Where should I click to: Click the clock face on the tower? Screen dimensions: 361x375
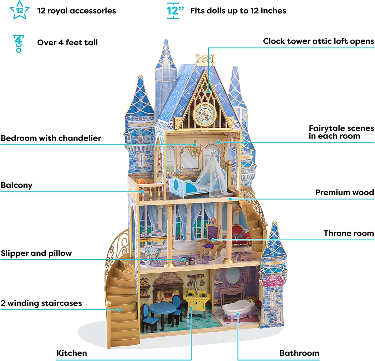pyautogui.click(x=205, y=115)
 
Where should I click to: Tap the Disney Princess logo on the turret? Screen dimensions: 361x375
pyautogui.click(x=273, y=282)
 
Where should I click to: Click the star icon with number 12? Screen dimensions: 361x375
pyautogui.click(x=19, y=10)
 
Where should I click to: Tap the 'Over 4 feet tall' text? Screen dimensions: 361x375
pyautogui.click(x=67, y=43)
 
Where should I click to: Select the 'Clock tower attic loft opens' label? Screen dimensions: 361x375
pyautogui.click(x=318, y=41)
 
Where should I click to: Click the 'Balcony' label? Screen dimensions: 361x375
pyautogui.click(x=17, y=185)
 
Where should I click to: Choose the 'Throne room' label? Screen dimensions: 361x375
pyautogui.click(x=348, y=233)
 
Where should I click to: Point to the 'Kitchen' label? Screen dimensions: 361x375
pyautogui.click(x=72, y=353)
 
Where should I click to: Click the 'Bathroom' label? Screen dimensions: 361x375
pyautogui.click(x=299, y=353)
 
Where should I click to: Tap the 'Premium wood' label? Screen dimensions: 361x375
pyautogui.click(x=344, y=193)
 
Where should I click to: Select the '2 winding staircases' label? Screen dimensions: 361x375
pyautogui.click(x=41, y=303)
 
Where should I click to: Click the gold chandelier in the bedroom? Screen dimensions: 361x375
pyautogui.click(x=195, y=149)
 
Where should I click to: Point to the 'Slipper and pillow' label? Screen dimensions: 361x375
pyautogui.click(x=36, y=253)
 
